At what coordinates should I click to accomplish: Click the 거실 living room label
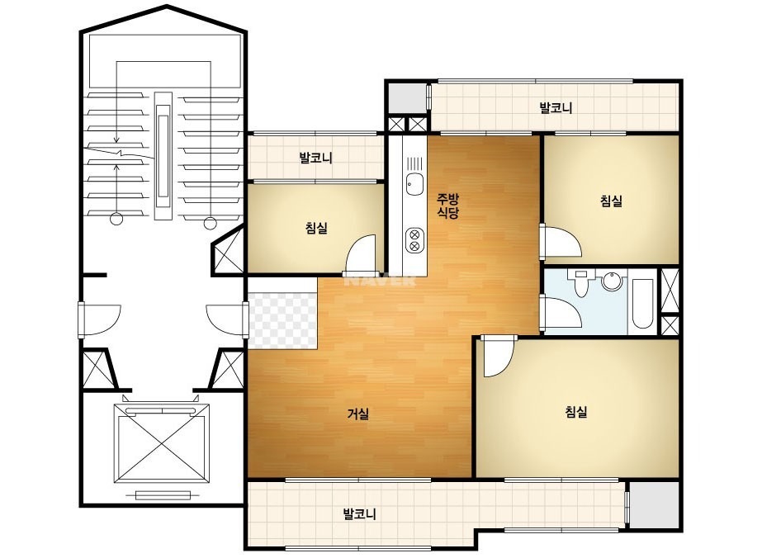pos(358,414)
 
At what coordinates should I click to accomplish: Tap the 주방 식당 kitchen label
pos(447,206)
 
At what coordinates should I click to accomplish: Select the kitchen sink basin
pos(414,184)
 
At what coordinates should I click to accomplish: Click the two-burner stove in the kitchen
pos(414,239)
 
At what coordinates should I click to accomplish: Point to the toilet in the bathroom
pos(580,283)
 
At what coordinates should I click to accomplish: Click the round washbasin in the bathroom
pos(612,281)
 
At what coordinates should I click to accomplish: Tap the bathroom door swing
pos(561,313)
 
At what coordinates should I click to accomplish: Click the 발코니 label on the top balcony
pos(556,108)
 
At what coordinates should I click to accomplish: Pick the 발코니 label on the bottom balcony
pos(359,513)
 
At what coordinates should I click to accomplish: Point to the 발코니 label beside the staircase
pos(316,158)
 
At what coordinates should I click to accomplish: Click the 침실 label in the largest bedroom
pos(576,412)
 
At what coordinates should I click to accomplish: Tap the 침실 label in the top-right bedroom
pos(612,201)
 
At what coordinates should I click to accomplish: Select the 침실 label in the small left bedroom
pos(316,228)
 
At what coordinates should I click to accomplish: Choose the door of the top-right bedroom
pos(561,241)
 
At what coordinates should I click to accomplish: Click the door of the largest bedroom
pos(496,357)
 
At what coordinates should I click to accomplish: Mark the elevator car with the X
pos(163,442)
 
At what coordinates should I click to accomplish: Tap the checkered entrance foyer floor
pos(282,320)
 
